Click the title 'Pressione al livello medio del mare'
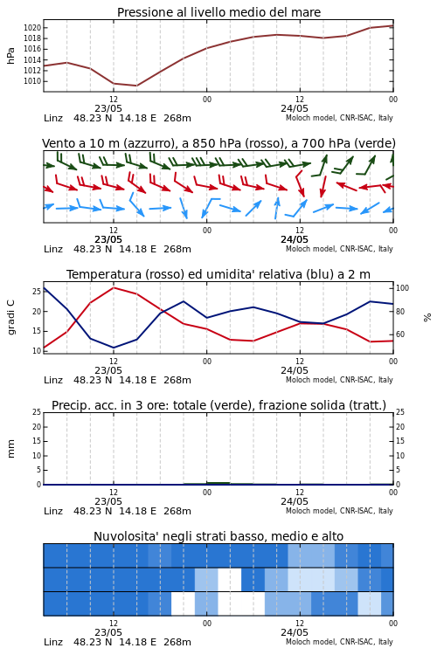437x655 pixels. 218,12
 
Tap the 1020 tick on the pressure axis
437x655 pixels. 32,28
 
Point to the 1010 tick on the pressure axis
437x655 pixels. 32,81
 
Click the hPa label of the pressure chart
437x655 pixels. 10,56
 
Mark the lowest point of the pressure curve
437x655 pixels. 136,86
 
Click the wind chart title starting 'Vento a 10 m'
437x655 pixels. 218,143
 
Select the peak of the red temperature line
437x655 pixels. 114,287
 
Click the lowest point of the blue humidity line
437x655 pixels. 114,348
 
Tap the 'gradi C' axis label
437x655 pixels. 10,318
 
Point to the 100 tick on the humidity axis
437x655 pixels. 402,288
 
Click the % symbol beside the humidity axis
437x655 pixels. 427,318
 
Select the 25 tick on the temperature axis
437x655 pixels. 37,291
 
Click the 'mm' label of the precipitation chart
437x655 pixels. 10,449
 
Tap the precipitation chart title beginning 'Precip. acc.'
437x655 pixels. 218,405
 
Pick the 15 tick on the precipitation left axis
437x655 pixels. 37,441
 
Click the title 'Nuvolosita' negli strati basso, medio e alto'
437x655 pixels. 218,536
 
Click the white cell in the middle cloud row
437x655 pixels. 230,580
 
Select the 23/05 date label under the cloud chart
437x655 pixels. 108,632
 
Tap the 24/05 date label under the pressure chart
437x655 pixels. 295,108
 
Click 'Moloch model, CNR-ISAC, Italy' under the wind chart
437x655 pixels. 340,249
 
